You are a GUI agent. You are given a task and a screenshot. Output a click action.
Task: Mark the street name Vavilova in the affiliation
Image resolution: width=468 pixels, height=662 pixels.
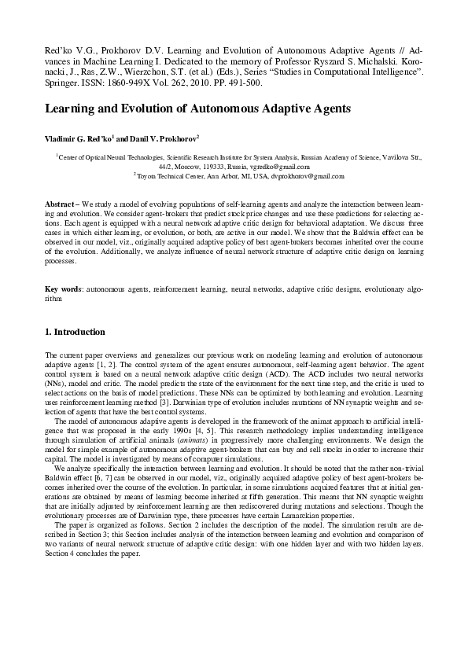pyautogui.click(x=398, y=157)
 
